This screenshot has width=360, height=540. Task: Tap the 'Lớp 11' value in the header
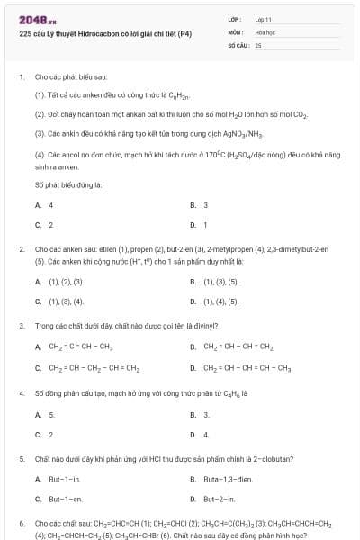[x=264, y=18]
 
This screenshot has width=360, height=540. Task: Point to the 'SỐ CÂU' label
[x=238, y=44]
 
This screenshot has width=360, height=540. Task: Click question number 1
[x=21, y=77]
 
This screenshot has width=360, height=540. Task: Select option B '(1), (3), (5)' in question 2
[x=220, y=282]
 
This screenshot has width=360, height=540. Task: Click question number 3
[x=21, y=325]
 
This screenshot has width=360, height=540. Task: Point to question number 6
[x=21, y=522]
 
